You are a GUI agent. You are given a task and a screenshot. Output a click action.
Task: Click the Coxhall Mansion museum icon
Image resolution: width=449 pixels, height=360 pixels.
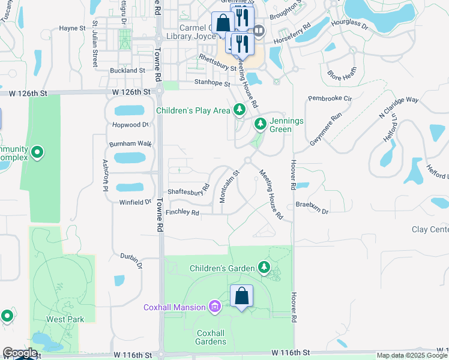(215, 308)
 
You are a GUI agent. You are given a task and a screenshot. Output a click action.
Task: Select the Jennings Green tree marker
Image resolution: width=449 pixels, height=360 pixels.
(260, 124)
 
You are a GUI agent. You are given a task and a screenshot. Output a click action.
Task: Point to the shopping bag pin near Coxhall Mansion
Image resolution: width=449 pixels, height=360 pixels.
(241, 296)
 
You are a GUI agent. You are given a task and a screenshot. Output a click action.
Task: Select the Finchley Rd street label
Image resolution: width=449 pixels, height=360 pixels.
(182, 212)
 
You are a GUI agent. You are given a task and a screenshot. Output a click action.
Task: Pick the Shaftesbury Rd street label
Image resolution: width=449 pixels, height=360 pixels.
(188, 191)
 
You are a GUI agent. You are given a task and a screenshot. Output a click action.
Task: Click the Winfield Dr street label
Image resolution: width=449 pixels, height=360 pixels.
(135, 202)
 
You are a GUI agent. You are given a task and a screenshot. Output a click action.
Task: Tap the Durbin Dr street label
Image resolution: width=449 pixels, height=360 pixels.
(131, 260)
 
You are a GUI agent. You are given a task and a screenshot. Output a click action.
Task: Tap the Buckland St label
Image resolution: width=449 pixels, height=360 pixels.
(128, 70)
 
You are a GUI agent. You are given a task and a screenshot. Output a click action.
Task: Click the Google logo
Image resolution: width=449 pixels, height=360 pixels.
(20, 353)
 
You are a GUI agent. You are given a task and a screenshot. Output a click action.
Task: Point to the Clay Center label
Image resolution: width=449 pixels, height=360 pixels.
(430, 230)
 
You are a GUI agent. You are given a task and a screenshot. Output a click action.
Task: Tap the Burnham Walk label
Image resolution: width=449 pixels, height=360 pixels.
(130, 144)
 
